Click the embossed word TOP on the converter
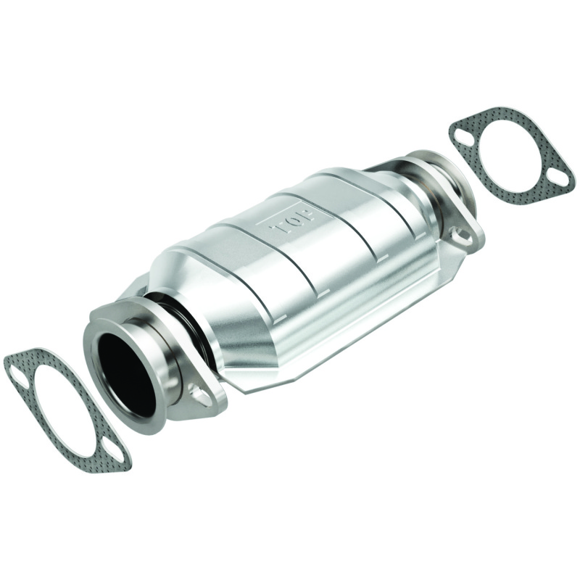point(292,218)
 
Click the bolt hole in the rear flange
point(458,233)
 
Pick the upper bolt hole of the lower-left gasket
point(16,373)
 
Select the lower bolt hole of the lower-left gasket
point(115,457)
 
